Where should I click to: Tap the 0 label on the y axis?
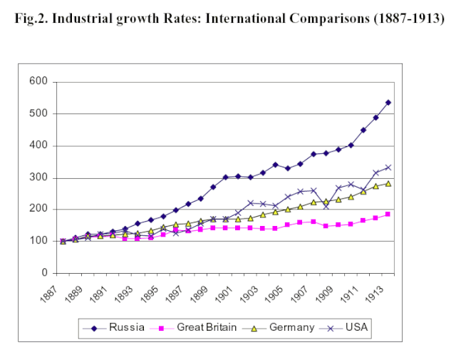pos(43,273)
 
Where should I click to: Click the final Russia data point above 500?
pos(388,103)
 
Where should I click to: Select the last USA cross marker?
pos(388,168)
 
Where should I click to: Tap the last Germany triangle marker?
pos(388,183)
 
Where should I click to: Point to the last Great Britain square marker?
pos(388,214)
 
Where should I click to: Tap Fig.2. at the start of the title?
pos(32,19)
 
